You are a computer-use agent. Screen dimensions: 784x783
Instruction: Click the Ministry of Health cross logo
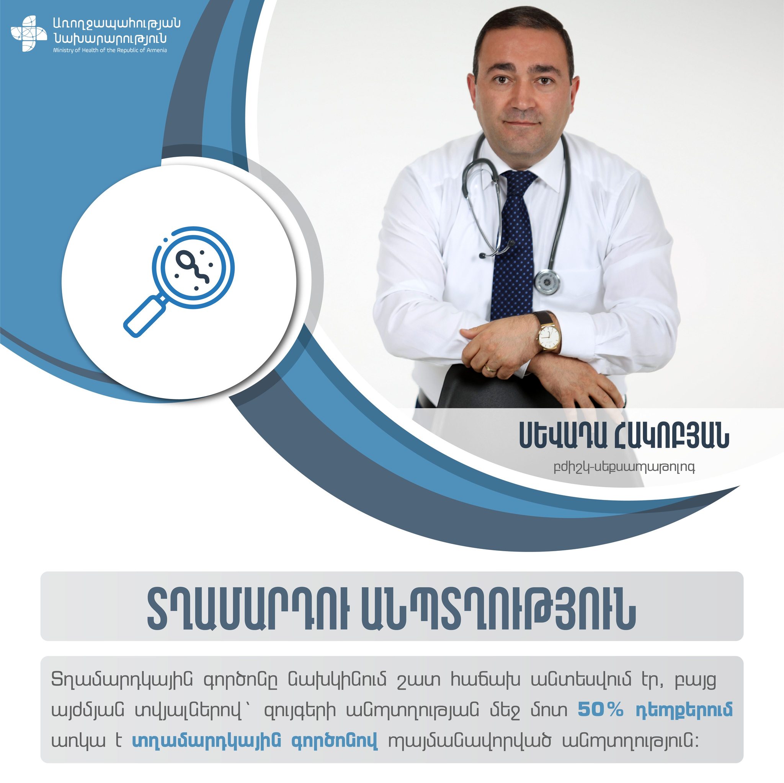[29, 34]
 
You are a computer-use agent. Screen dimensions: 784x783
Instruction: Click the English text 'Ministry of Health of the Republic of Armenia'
[110, 50]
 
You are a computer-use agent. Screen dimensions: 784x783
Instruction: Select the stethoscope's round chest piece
[547, 281]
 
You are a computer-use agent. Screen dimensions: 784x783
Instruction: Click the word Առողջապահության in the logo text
[117, 24]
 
